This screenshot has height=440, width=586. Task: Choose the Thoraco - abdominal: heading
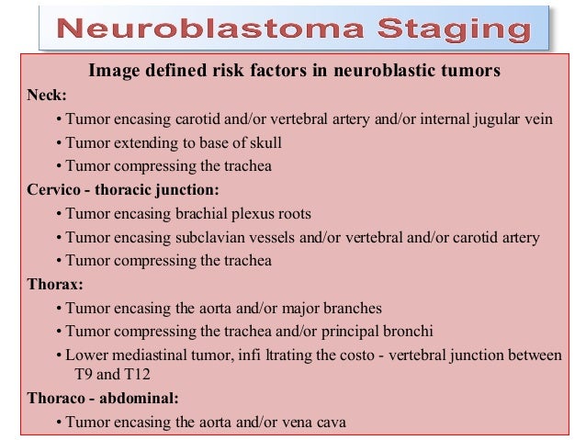tap(103, 400)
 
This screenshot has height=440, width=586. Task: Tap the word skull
tap(262, 142)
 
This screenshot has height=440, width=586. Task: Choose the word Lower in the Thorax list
tap(86, 355)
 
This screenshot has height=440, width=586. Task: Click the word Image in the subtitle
tap(110, 70)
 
